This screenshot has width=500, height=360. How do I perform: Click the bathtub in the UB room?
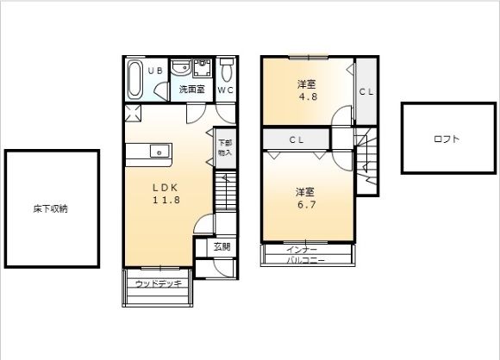coord(134,79)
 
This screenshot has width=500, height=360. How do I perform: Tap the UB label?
coord(156,71)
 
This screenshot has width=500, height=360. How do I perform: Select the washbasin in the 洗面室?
coord(181,67)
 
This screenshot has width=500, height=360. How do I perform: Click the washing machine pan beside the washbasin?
coord(203,67)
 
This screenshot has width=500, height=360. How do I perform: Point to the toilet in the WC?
coord(227,70)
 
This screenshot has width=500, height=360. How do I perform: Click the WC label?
coord(226,90)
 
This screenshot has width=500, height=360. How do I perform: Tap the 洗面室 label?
coord(191,90)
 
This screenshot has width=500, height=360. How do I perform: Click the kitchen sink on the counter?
coord(159,151)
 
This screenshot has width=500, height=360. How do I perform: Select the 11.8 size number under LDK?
coord(166,200)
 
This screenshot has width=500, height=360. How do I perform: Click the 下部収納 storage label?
coord(225,148)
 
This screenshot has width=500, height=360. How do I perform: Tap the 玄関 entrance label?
coord(222,246)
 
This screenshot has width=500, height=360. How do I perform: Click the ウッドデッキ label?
coord(159,283)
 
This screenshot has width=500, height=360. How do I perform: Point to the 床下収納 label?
coord(50,209)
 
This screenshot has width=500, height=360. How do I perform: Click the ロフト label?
coord(447,139)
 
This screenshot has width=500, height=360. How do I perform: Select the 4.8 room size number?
coord(309,96)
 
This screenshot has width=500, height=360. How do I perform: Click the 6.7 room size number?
coord(307,204)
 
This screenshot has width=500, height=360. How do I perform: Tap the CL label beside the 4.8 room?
coord(366,92)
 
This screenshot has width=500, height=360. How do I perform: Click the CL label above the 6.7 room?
coord(297,140)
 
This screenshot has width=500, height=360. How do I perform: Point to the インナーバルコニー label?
coord(305,255)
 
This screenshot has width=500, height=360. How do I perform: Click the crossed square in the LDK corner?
coord(133,114)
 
